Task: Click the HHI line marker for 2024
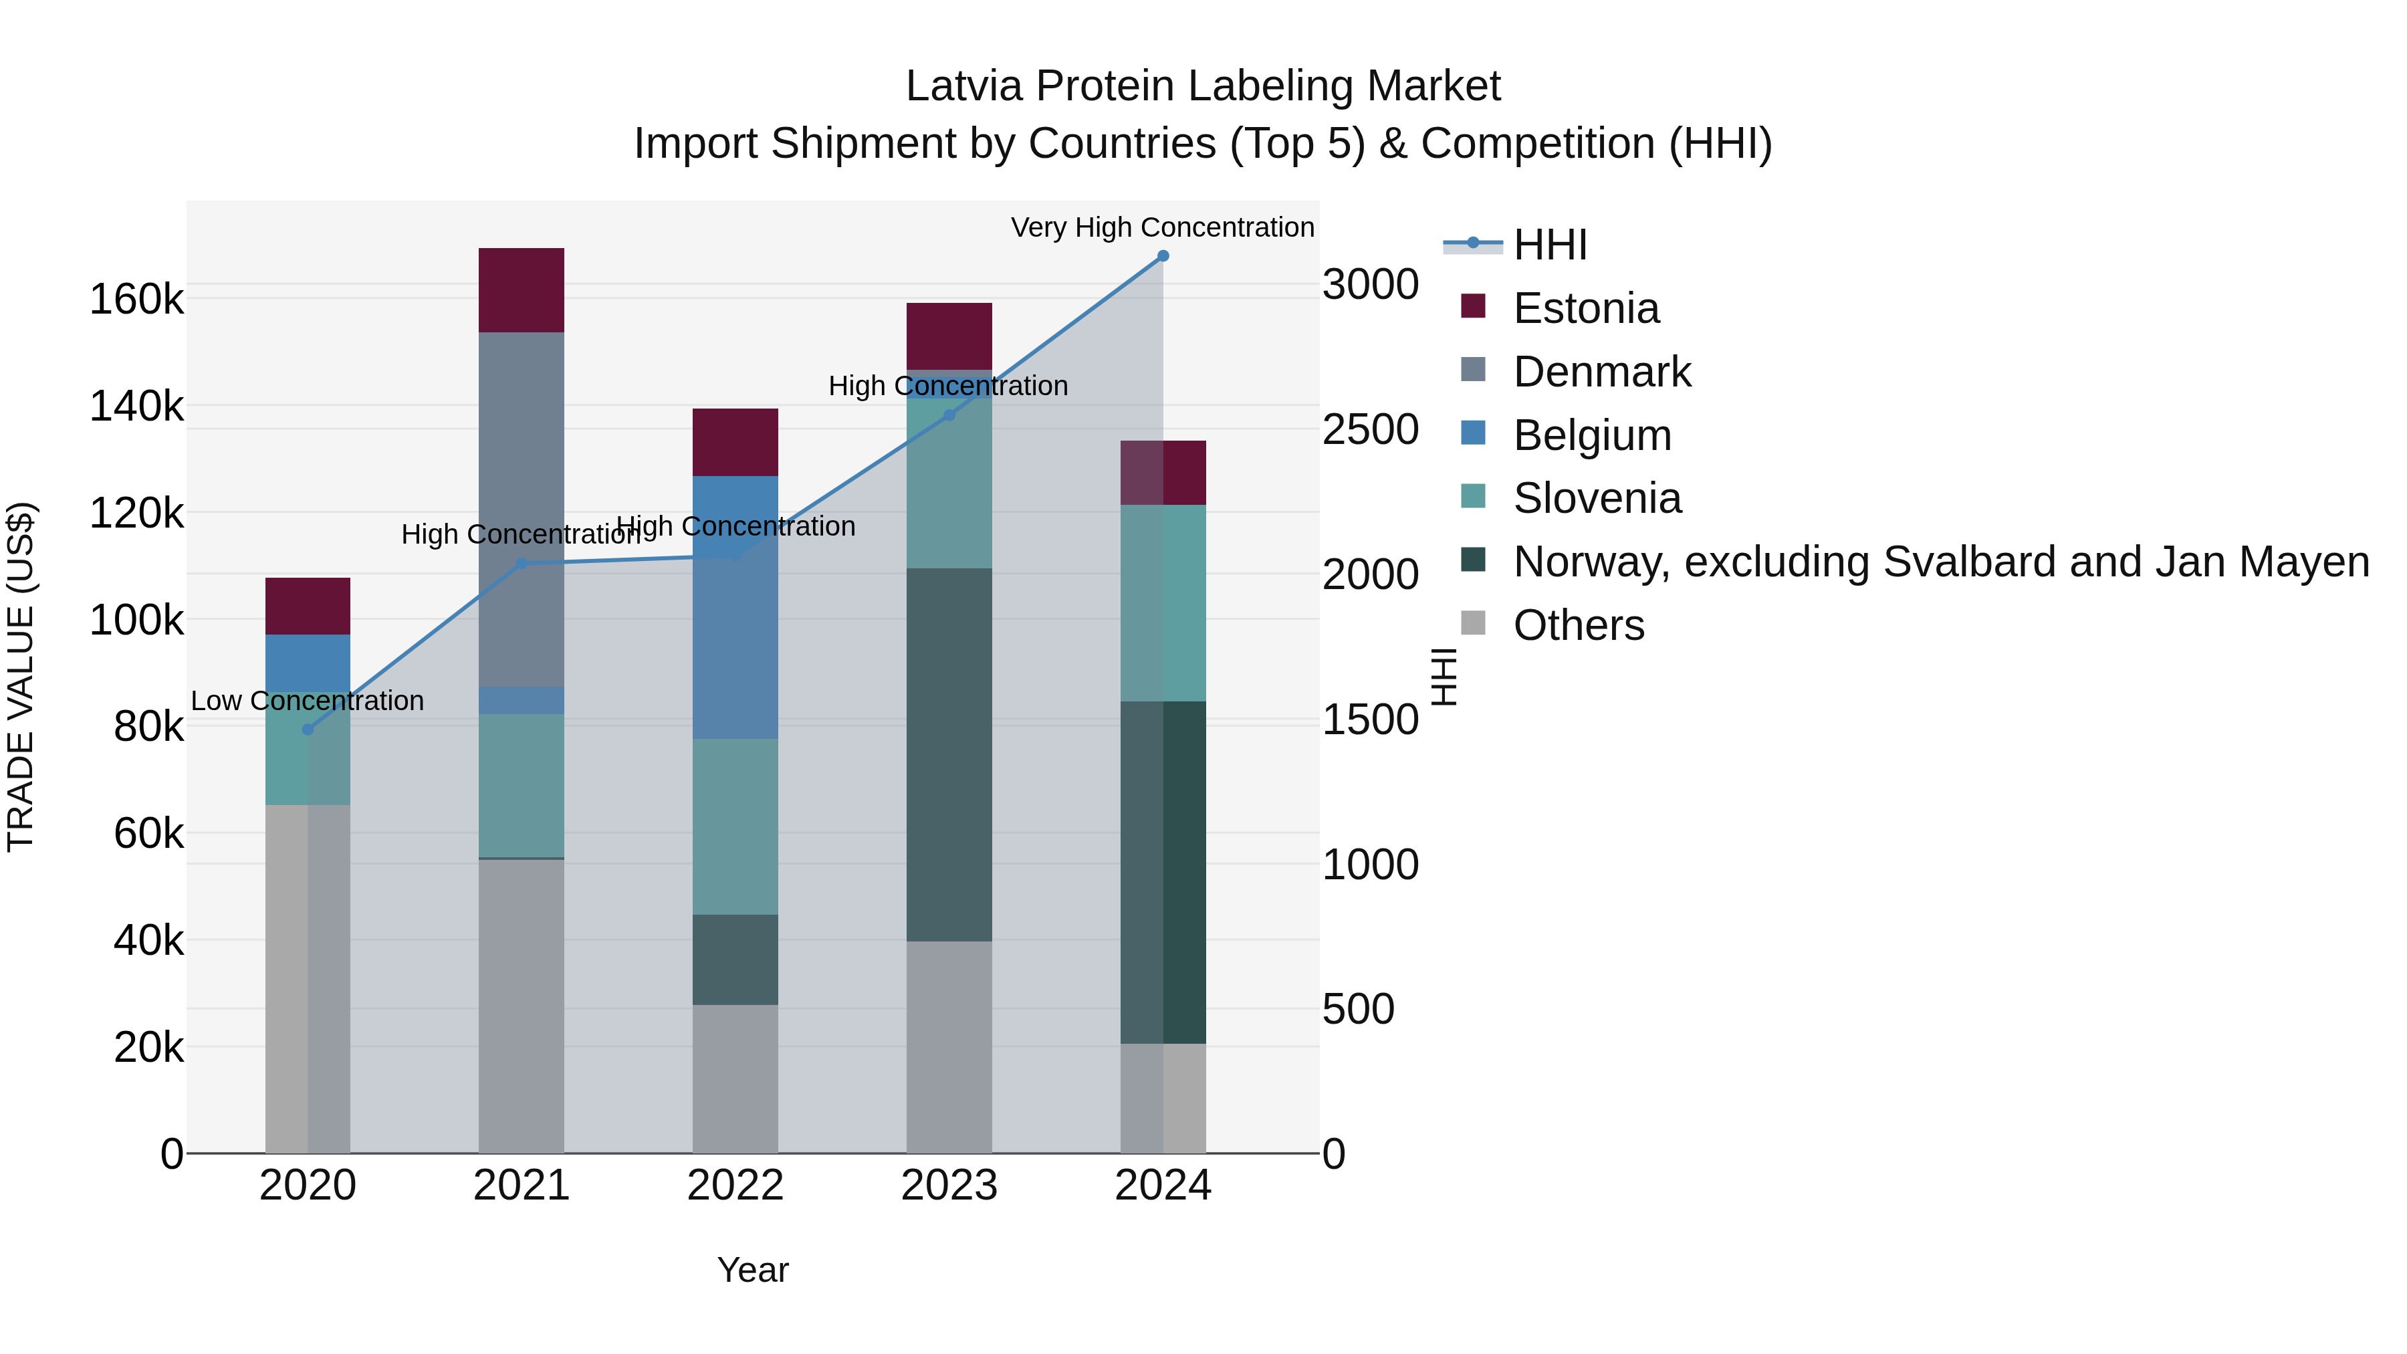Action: point(1163,256)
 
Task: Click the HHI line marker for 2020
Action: point(308,729)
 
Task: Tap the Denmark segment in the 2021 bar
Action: point(522,510)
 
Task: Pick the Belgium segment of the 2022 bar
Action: point(735,607)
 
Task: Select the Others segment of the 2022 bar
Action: point(735,1079)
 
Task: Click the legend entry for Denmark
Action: point(1601,372)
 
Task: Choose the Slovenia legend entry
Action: point(1596,498)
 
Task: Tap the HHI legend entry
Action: point(1549,245)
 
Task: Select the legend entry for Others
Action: point(1577,625)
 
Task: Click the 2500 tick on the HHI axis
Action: point(1370,430)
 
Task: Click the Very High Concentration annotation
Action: point(1163,227)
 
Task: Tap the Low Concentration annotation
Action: point(308,701)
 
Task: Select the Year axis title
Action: point(752,1270)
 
